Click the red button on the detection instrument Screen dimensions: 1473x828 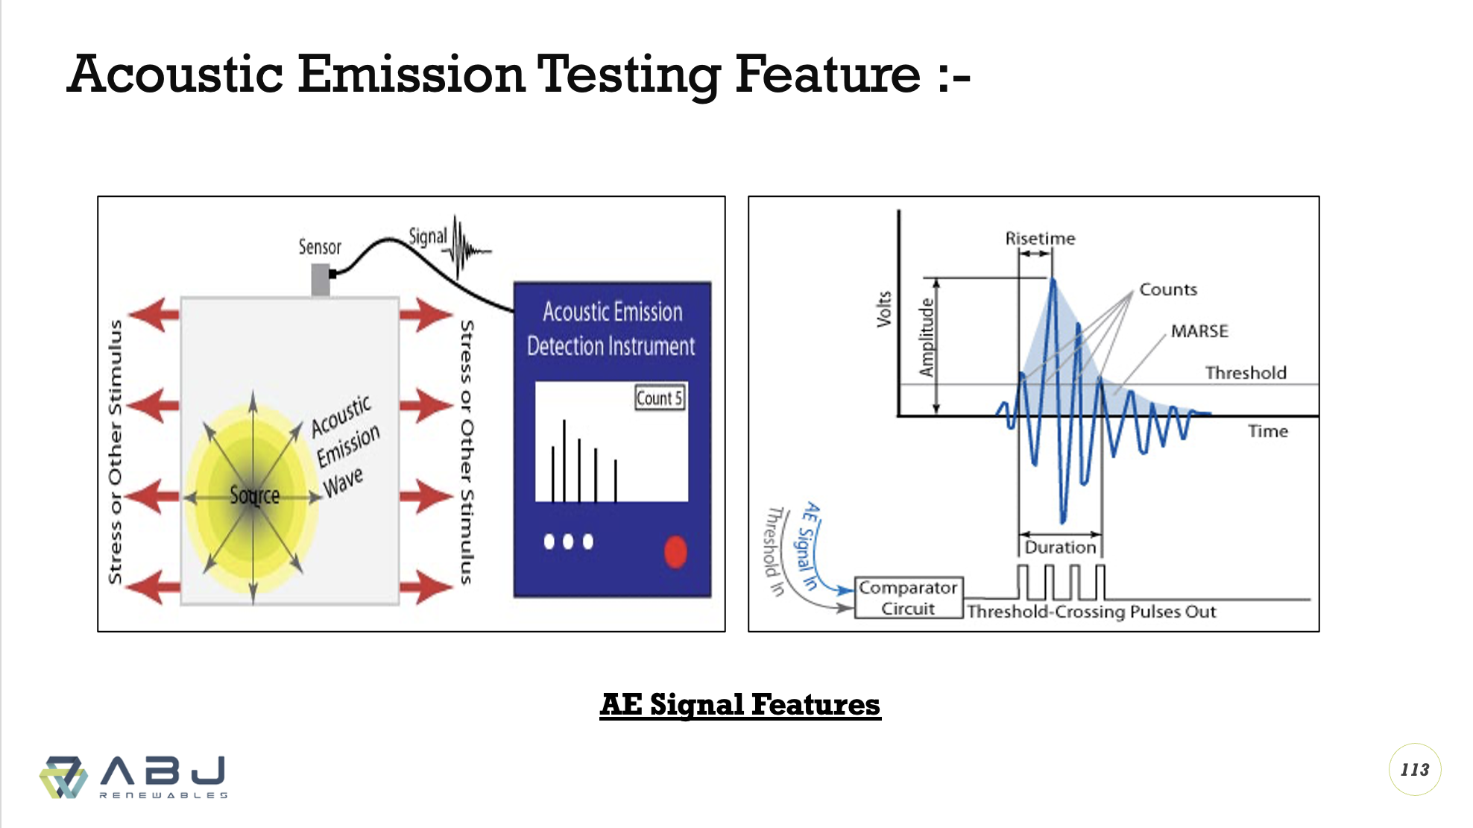(675, 552)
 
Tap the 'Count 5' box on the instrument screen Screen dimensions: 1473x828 (660, 398)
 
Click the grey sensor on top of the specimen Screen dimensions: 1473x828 (321, 279)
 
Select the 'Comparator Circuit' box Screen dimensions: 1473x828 (909, 598)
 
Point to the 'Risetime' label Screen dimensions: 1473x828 (1040, 238)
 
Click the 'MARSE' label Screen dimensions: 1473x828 (1199, 330)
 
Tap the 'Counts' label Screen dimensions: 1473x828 (1168, 289)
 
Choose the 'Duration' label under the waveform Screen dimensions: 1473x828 (1060, 547)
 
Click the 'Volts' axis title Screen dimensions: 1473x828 (884, 309)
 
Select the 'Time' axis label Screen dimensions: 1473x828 (1268, 431)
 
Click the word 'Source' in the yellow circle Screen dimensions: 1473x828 (255, 495)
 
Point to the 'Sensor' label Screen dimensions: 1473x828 (320, 247)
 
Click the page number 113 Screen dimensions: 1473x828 (1415, 770)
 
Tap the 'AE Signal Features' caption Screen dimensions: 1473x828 (740, 704)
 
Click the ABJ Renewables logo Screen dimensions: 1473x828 (134, 777)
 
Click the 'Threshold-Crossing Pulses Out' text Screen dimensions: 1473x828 (1091, 612)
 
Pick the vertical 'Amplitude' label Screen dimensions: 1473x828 (927, 337)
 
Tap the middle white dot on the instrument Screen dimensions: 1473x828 (568, 542)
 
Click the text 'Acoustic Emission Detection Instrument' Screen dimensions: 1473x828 (611, 328)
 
